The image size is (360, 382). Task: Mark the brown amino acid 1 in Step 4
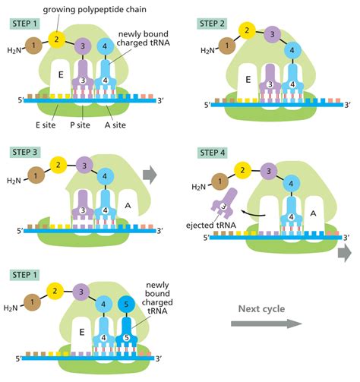219,182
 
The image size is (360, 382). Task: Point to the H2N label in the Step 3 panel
14,180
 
